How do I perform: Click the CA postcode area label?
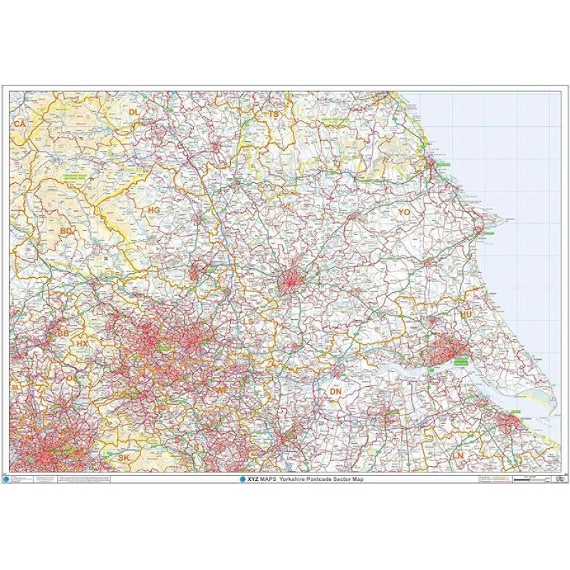click(x=19, y=123)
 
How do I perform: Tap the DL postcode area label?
click(x=134, y=112)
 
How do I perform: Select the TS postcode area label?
click(x=274, y=114)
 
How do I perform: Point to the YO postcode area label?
click(x=405, y=212)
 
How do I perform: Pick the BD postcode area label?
click(x=66, y=232)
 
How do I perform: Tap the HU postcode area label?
click(x=467, y=313)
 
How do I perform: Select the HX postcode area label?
click(x=83, y=343)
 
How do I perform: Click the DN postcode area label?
click(x=336, y=391)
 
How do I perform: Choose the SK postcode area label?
click(x=124, y=457)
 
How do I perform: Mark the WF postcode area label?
click(x=222, y=390)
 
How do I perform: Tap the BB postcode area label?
click(x=63, y=333)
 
